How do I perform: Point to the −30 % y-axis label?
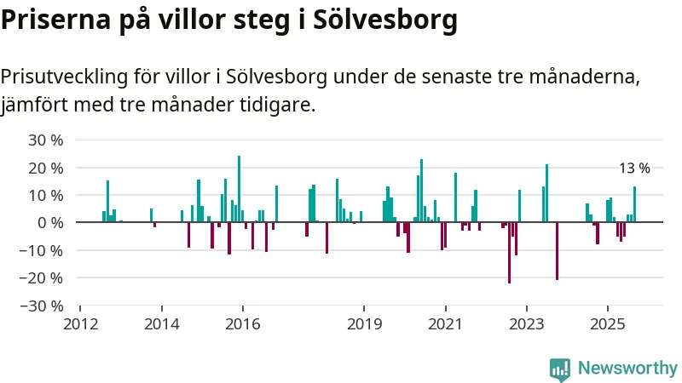pyautogui.click(x=43, y=305)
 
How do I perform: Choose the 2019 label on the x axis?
pyautogui.click(x=364, y=324)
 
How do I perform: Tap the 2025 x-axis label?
pyautogui.click(x=607, y=324)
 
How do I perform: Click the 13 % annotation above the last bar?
pyautogui.click(x=634, y=169)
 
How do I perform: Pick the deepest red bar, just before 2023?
pyautogui.click(x=509, y=253)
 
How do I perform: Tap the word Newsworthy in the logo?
pyautogui.click(x=627, y=369)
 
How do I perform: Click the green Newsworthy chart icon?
pyautogui.click(x=560, y=369)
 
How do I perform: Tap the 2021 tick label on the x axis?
pyautogui.click(x=445, y=324)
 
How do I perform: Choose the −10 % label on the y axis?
pyautogui.click(x=43, y=250)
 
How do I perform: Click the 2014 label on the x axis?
pyautogui.click(x=161, y=324)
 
